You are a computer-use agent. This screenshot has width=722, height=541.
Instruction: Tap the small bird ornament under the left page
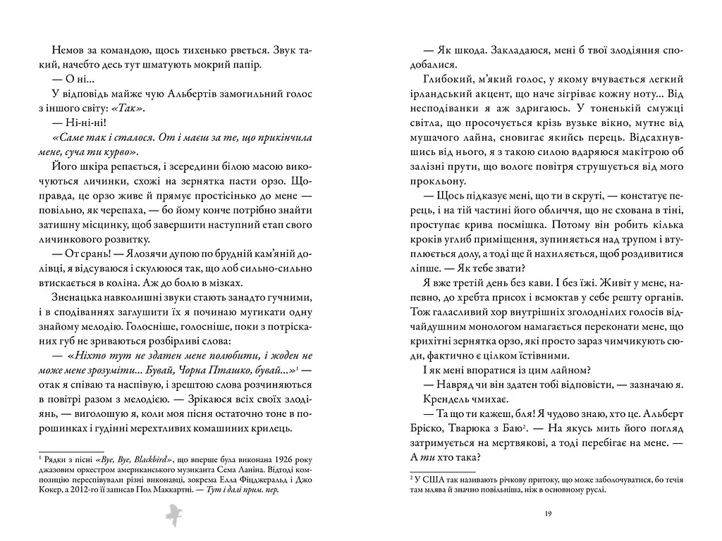(x=173, y=515)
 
